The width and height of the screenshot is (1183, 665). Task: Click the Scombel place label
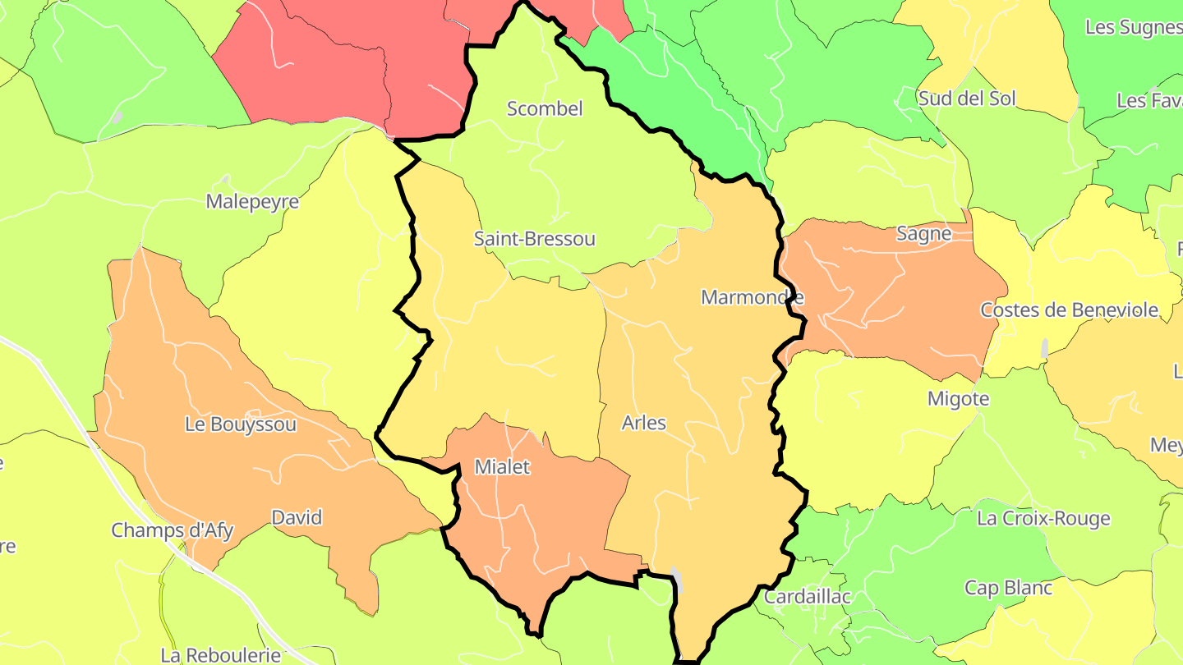pyautogui.click(x=545, y=108)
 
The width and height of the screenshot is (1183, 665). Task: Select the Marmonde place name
pyautogui.click(x=752, y=297)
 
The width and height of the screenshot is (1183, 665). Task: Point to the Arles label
pyautogui.click(x=643, y=423)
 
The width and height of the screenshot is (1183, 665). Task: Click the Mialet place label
pyautogui.click(x=502, y=467)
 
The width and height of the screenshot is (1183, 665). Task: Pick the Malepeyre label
pyautogui.click(x=252, y=201)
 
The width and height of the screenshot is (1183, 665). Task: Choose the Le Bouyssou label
pyautogui.click(x=240, y=424)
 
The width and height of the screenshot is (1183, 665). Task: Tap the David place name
pyautogui.click(x=297, y=518)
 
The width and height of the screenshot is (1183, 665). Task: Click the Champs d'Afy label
pyautogui.click(x=172, y=530)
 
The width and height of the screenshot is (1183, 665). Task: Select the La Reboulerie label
pyautogui.click(x=220, y=655)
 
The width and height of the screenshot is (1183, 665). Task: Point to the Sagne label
pyautogui.click(x=923, y=233)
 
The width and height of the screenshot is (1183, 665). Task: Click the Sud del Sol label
pyautogui.click(x=967, y=99)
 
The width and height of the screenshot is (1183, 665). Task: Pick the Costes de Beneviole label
pyautogui.click(x=1069, y=310)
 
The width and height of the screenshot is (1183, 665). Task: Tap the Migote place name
pyautogui.click(x=958, y=399)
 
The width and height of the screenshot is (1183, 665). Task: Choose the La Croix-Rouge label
pyautogui.click(x=1043, y=518)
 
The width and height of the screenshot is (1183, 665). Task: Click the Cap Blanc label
pyautogui.click(x=1008, y=588)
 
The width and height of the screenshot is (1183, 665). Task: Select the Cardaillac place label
pyautogui.click(x=807, y=597)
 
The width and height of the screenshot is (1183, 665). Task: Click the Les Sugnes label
pyautogui.click(x=1133, y=27)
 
